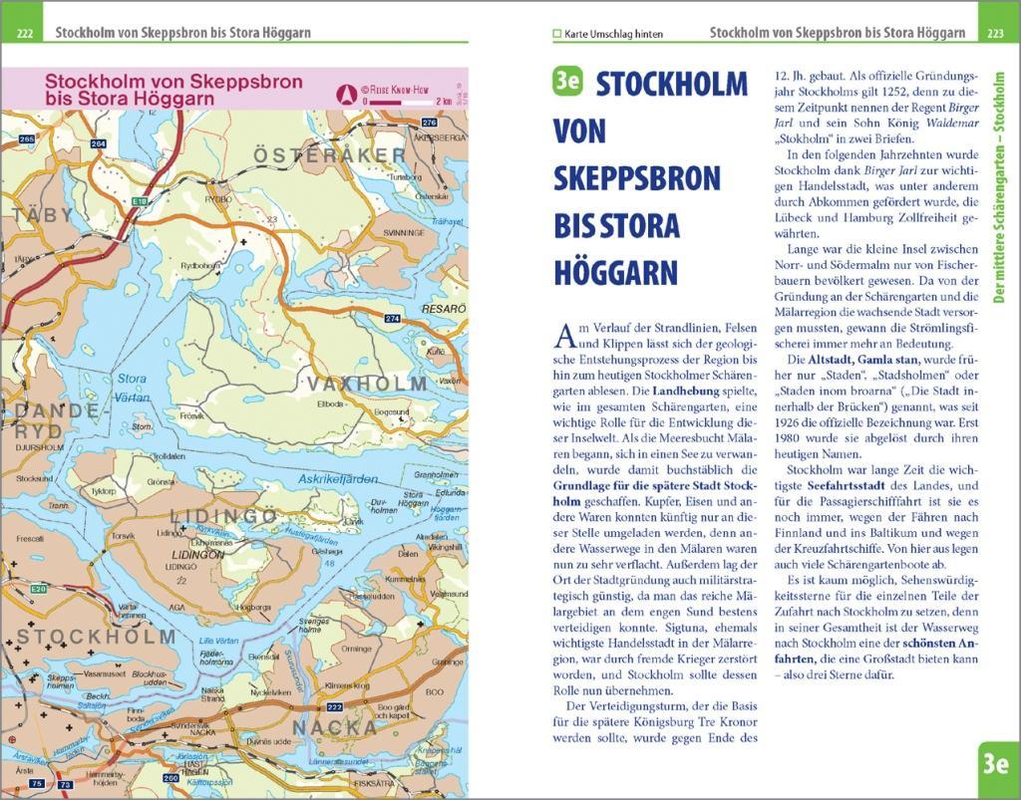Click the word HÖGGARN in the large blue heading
615,272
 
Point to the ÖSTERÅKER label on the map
330,155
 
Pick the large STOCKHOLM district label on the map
96,637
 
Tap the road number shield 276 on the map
416,122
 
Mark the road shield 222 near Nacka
335,706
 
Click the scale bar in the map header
398,102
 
